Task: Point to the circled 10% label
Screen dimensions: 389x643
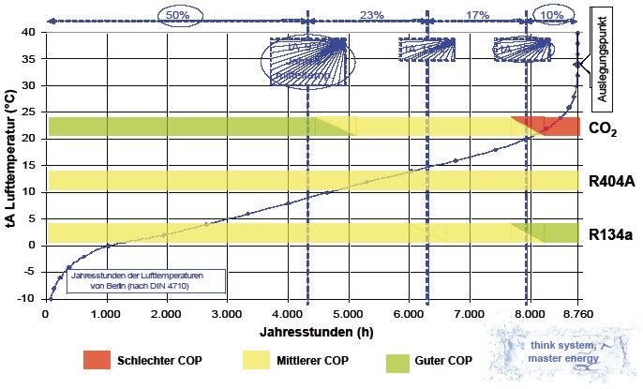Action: coord(553,16)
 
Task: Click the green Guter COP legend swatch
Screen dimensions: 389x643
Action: coord(400,360)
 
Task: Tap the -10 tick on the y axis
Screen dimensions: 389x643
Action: coord(28,300)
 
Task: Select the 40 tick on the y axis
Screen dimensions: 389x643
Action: coord(30,31)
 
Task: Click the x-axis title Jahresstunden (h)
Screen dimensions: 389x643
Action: coord(309,332)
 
